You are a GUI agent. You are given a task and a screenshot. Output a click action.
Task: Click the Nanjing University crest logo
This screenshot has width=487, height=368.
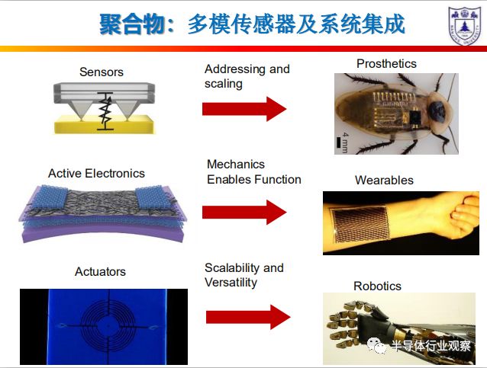click(464, 26)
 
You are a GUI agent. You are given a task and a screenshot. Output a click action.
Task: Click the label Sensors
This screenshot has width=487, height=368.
click(102, 72)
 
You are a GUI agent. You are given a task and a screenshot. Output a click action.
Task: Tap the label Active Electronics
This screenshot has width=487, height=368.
click(96, 173)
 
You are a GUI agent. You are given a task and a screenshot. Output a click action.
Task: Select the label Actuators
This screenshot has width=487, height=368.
click(100, 271)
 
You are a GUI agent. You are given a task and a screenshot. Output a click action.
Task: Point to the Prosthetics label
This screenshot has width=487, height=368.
click(386, 63)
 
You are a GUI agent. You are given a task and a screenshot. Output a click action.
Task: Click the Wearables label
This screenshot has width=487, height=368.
click(384, 180)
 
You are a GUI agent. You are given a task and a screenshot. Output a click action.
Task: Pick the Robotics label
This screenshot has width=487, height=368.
click(377, 286)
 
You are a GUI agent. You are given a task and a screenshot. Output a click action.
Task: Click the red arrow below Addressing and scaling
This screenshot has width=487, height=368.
click(244, 109)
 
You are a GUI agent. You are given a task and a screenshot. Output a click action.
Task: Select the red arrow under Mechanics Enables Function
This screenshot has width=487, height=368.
click(244, 213)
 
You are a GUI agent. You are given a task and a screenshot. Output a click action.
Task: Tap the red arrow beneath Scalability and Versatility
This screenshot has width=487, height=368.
click(248, 317)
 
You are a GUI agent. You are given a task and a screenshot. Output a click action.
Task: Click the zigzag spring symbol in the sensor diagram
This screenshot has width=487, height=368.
click(105, 111)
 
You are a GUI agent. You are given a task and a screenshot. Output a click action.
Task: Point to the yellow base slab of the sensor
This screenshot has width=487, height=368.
click(105, 125)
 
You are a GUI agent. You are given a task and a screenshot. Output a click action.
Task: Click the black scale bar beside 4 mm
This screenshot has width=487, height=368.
click(339, 142)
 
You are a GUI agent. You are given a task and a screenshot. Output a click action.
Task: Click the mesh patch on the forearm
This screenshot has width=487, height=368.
click(360, 224)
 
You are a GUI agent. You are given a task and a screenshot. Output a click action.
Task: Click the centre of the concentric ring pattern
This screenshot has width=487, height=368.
click(108, 326)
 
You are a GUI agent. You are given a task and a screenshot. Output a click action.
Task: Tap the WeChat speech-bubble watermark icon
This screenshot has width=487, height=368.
click(376, 345)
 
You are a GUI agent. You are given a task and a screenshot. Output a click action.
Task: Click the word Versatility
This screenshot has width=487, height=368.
click(231, 283)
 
